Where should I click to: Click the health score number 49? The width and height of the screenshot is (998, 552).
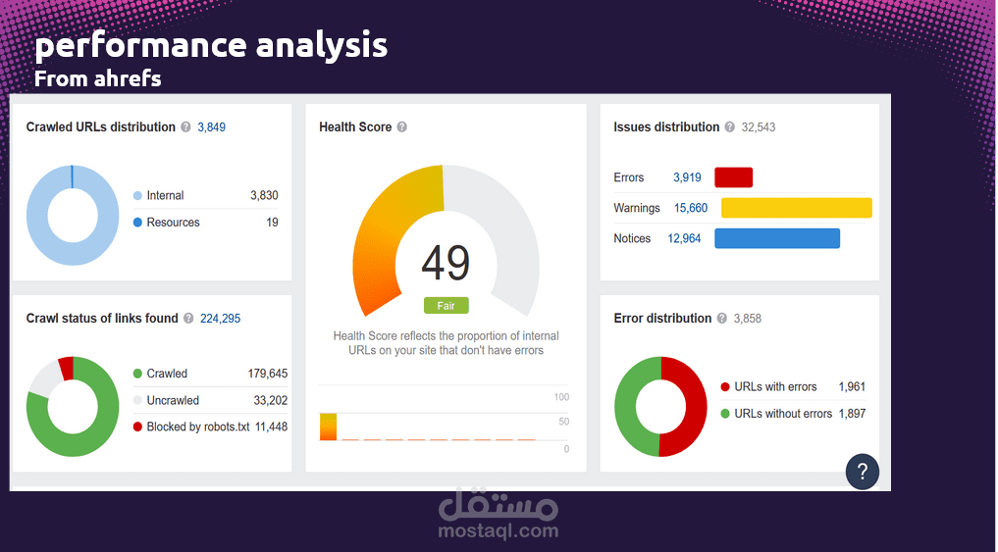[446, 263]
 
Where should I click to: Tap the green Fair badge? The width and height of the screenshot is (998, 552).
[446, 306]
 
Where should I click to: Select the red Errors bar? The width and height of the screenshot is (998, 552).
[733, 177]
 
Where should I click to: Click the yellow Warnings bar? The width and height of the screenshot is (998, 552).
[796, 208]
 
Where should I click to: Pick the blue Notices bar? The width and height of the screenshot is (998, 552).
[776, 238]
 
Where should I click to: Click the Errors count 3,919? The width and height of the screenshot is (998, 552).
[687, 177]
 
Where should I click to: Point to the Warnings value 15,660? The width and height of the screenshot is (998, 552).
[691, 208]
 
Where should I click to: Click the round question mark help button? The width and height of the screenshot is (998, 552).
[863, 471]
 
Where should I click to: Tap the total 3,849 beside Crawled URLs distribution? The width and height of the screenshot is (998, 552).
[212, 127]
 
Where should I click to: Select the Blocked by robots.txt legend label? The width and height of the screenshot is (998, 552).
[197, 427]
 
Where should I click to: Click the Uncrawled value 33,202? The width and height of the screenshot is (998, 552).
[270, 400]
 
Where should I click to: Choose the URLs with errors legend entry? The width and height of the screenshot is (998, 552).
[775, 387]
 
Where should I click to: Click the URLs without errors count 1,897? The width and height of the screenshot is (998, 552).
[852, 414]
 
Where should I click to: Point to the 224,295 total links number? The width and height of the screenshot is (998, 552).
[220, 319]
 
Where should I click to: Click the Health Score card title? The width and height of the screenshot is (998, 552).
[355, 127]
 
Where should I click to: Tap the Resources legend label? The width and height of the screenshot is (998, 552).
[173, 223]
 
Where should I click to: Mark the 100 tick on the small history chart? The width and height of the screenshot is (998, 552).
[561, 397]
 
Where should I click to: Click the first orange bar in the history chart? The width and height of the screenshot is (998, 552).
[328, 427]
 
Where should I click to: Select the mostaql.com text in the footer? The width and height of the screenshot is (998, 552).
[499, 531]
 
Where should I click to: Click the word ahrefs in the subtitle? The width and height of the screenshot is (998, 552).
[128, 78]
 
